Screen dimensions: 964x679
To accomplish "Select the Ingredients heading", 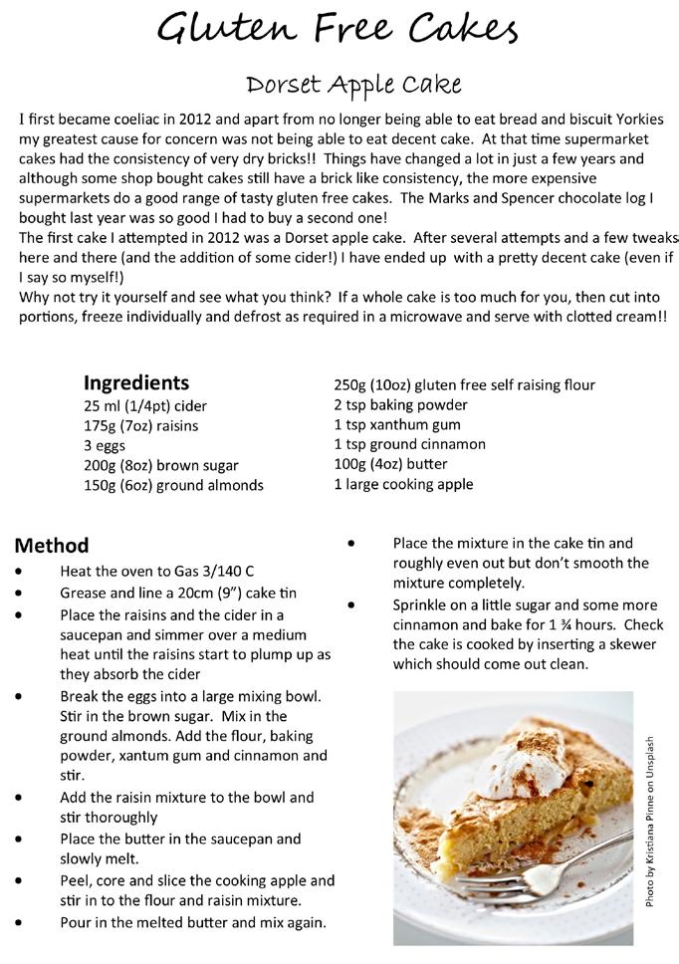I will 135,383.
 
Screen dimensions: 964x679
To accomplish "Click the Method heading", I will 52,545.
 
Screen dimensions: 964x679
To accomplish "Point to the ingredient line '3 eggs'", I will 106,445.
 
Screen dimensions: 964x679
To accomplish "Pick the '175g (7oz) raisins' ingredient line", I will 140,425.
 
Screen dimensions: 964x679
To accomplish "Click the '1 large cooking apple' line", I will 403,484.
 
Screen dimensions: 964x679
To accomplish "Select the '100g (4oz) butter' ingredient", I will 390,464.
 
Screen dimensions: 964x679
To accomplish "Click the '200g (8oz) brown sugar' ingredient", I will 161,465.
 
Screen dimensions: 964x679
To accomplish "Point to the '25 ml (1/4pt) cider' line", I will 145,405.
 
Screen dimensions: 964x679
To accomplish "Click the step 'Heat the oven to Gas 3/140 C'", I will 157,572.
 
